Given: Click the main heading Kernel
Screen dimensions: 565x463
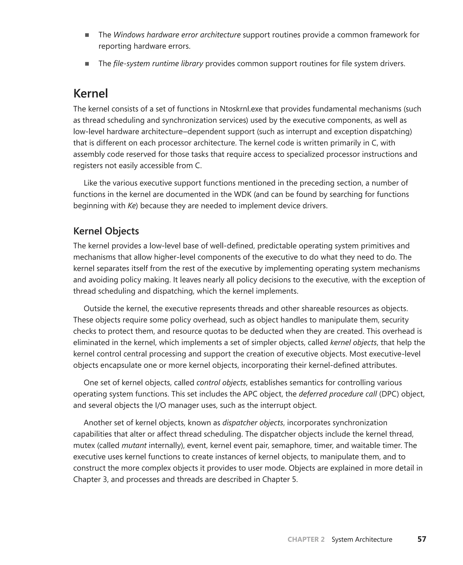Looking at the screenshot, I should tap(90, 94).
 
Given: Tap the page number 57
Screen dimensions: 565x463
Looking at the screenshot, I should tap(422, 539).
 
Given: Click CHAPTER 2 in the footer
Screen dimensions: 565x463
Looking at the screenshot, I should tap(306, 539).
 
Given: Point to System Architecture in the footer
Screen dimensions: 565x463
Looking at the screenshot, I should tap(362, 539).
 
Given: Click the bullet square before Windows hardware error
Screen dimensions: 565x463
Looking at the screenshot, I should tap(87, 35).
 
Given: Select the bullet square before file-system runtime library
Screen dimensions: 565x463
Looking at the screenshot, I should tap(87, 64).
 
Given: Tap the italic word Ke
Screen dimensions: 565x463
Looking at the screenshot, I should tap(132, 206).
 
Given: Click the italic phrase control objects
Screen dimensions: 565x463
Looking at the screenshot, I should tap(221, 383).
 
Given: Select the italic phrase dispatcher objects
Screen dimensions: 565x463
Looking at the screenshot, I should tap(252, 423).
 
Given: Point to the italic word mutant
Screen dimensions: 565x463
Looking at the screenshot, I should tap(134, 445).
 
